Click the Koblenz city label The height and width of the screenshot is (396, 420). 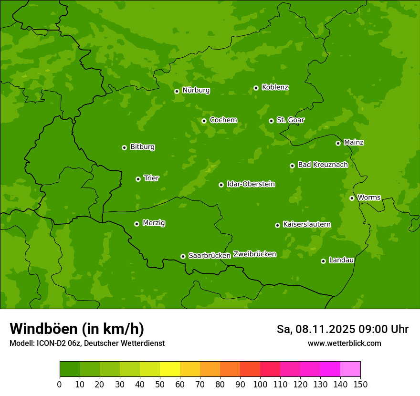coord(275,87)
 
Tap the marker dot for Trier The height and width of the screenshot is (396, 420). coord(138,179)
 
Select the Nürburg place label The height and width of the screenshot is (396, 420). coord(196,90)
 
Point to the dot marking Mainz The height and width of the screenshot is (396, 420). coord(338,143)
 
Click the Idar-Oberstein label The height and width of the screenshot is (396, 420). coord(251,184)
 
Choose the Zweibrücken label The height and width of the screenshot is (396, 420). coord(254,254)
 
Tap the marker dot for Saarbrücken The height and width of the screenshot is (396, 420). coord(183,256)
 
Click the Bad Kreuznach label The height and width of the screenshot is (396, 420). coord(323,165)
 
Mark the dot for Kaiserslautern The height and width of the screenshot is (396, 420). coord(277,225)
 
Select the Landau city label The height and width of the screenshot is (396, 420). coord(341,260)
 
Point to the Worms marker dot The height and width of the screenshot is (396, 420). coord(352,198)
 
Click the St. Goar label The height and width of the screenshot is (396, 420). coord(290,120)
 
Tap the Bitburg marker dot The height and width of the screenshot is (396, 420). coord(124,147)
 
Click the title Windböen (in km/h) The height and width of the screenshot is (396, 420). coord(76,329)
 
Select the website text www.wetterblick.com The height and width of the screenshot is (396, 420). coord(344,343)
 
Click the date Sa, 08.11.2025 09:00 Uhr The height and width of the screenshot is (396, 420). coord(342,329)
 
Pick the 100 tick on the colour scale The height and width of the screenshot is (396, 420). coord(260,384)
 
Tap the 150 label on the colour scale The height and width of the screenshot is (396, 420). coord(360,384)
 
